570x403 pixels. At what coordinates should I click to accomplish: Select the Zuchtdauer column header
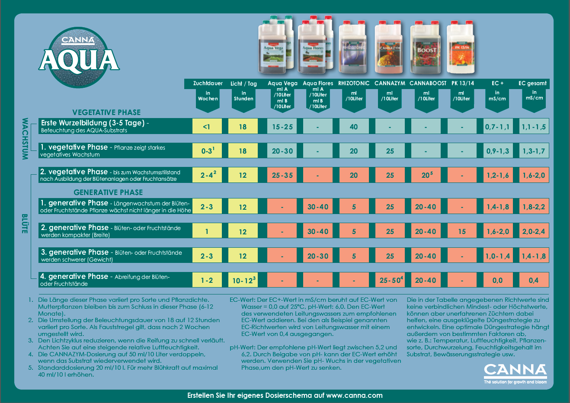[x=208, y=83]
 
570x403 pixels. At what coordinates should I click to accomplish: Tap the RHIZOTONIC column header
[x=354, y=83]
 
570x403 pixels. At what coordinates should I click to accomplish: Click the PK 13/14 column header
[x=462, y=83]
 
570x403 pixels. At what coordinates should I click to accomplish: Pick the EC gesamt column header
[x=534, y=83]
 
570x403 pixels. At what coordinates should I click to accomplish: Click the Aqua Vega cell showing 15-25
[x=282, y=127]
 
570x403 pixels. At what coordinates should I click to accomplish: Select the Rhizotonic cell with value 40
[x=354, y=127]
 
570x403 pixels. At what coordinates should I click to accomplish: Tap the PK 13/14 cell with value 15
[x=462, y=231]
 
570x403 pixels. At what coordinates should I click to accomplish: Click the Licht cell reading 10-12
[x=243, y=280]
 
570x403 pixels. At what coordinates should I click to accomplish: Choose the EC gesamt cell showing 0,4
[x=534, y=280]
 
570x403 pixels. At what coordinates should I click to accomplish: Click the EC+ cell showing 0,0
[x=497, y=280]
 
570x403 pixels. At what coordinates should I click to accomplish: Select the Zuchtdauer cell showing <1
[x=207, y=127]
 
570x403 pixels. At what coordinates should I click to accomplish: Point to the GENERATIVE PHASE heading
[x=108, y=192]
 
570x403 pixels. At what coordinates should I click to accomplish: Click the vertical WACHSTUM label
[x=25, y=139]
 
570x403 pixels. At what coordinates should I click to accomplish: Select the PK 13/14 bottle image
[x=460, y=48]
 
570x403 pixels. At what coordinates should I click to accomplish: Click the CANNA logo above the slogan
[x=515, y=370]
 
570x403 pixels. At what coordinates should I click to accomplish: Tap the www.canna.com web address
[x=354, y=395]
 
